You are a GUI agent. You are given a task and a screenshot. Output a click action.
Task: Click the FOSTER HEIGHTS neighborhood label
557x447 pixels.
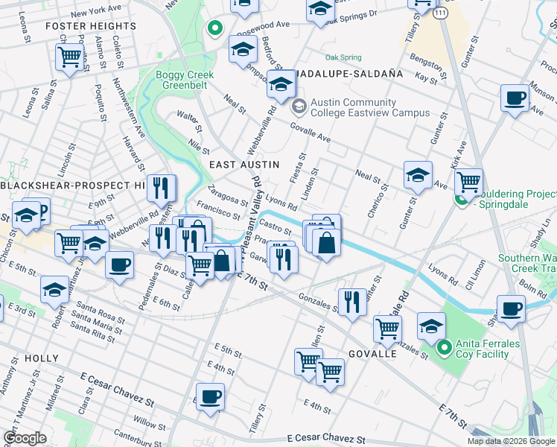pos(91,26)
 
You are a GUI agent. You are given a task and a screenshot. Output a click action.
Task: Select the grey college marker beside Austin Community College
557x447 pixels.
pos(299,107)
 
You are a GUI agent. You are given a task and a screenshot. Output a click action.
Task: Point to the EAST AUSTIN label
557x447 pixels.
pos(244,164)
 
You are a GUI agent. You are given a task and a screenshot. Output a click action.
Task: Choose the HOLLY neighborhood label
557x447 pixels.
pos(41,358)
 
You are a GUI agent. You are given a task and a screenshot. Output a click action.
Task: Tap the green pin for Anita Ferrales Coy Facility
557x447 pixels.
pos(445,347)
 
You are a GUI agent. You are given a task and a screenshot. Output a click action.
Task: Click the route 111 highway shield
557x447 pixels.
pos(442,15)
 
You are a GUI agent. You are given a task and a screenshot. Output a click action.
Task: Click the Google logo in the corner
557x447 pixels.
pos(25,438)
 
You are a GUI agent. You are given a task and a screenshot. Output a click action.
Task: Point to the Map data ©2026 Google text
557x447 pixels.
pos(511,441)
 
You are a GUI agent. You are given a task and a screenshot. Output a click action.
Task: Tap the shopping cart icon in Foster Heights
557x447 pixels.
pos(69,56)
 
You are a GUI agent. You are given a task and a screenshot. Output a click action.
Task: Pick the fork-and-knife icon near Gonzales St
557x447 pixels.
pos(351,301)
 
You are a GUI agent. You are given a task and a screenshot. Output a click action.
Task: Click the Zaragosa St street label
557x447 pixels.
pos(228,195)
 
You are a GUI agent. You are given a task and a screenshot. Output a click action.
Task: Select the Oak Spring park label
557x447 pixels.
pos(343,57)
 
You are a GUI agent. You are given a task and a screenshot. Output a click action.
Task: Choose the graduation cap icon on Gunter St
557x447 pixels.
pos(418,176)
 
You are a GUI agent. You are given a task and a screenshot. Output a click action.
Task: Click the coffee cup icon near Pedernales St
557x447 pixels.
pos(118,264)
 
